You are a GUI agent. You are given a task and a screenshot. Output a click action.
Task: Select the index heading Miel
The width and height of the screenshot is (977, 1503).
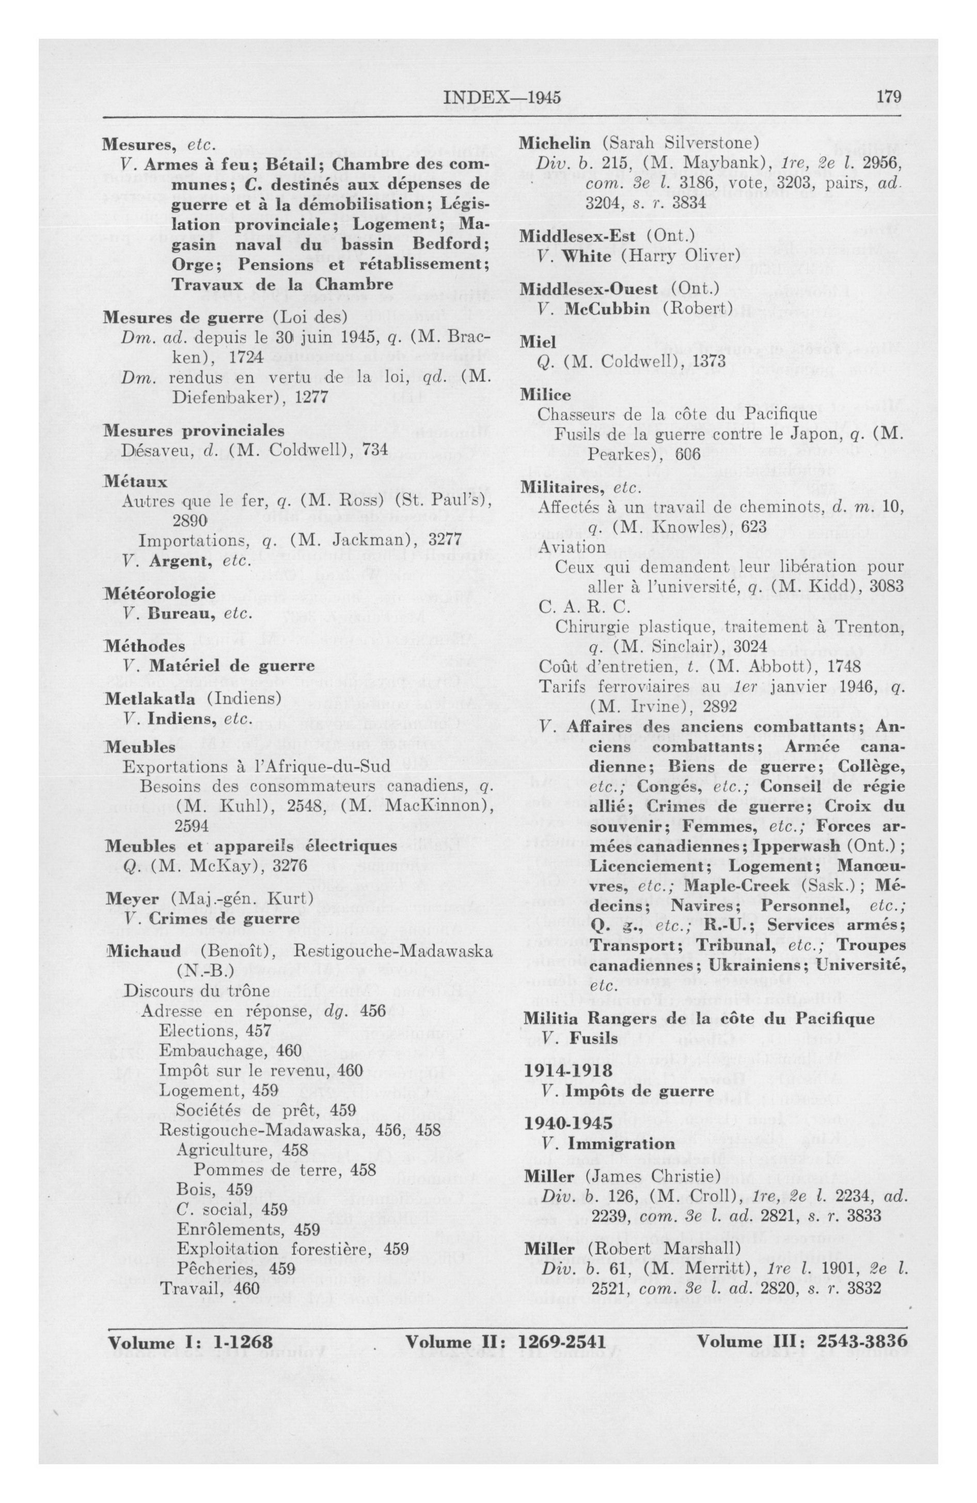[538, 342]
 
